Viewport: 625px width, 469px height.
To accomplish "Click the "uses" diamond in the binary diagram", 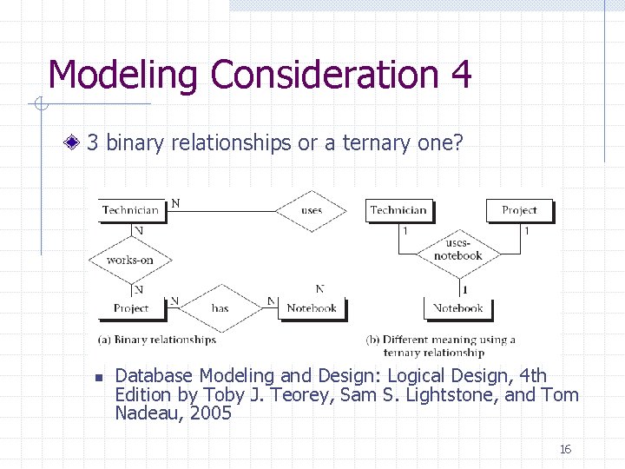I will (x=311, y=210).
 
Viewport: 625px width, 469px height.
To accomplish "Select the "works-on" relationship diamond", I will (x=130, y=259).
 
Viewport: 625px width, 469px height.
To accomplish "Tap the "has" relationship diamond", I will (x=220, y=307).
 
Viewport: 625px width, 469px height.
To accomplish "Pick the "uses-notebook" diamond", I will (x=457, y=250).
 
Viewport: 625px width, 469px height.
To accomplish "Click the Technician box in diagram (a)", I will (x=130, y=210).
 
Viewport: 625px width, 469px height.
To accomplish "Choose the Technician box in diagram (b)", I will (x=398, y=210).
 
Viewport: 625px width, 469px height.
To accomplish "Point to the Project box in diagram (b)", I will (x=519, y=210).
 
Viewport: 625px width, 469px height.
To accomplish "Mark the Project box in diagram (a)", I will (x=131, y=307).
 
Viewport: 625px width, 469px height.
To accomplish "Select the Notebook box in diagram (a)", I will (x=311, y=307).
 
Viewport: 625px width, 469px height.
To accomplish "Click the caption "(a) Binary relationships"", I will (x=157, y=340).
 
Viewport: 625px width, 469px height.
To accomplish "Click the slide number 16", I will (x=565, y=449).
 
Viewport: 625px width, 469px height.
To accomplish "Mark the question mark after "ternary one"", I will (x=457, y=142).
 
